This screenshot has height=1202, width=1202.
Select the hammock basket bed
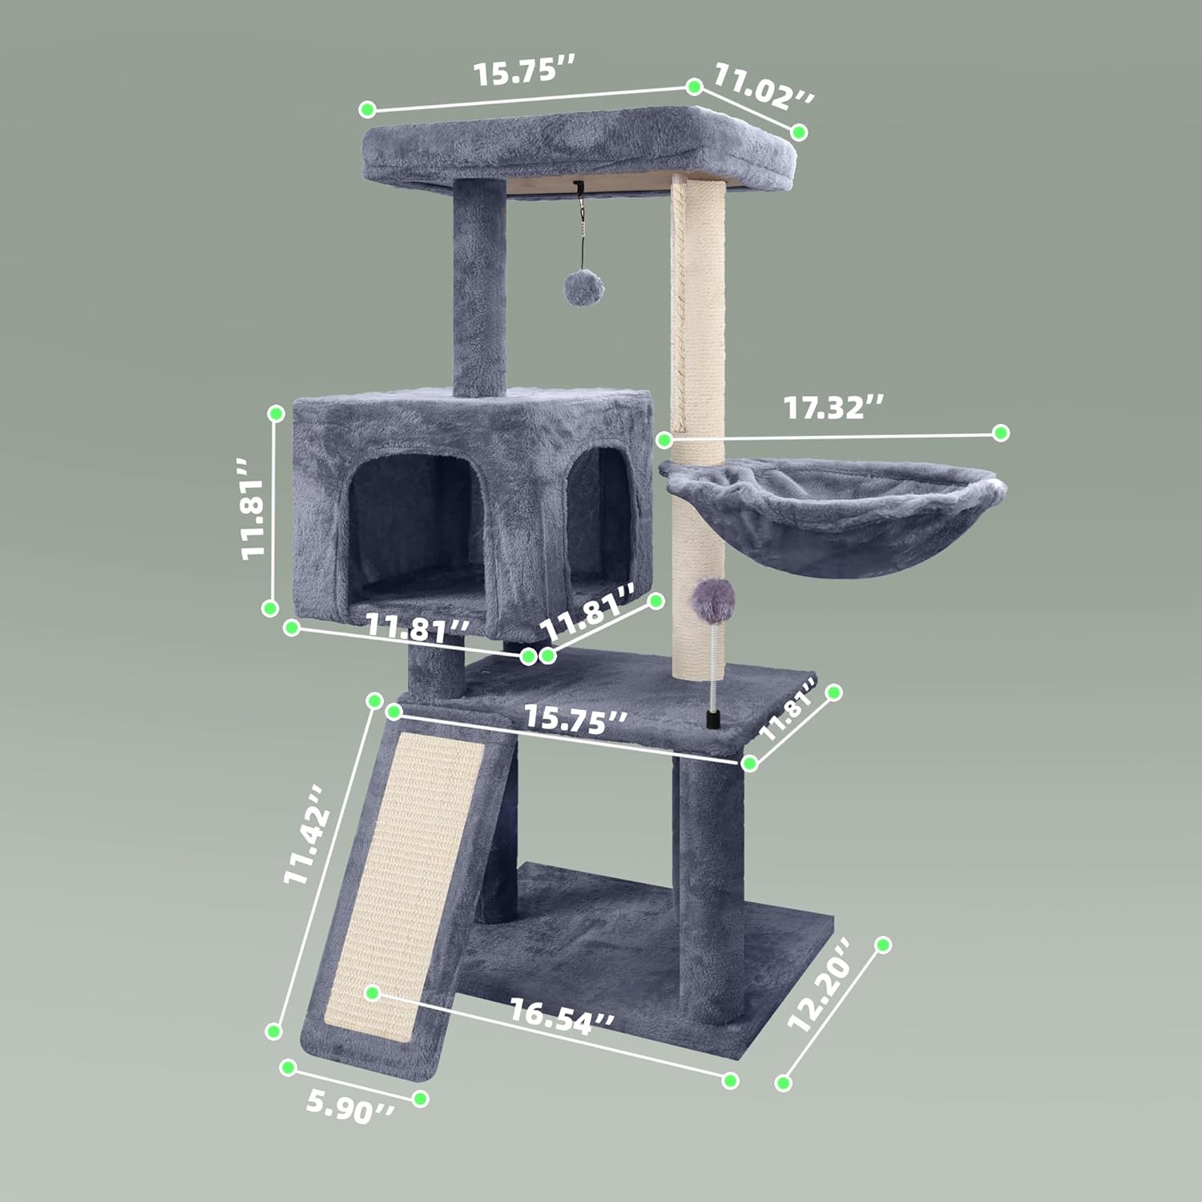833,513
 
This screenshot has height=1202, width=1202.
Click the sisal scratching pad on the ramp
417,873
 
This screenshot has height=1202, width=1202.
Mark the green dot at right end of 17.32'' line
1000,433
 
